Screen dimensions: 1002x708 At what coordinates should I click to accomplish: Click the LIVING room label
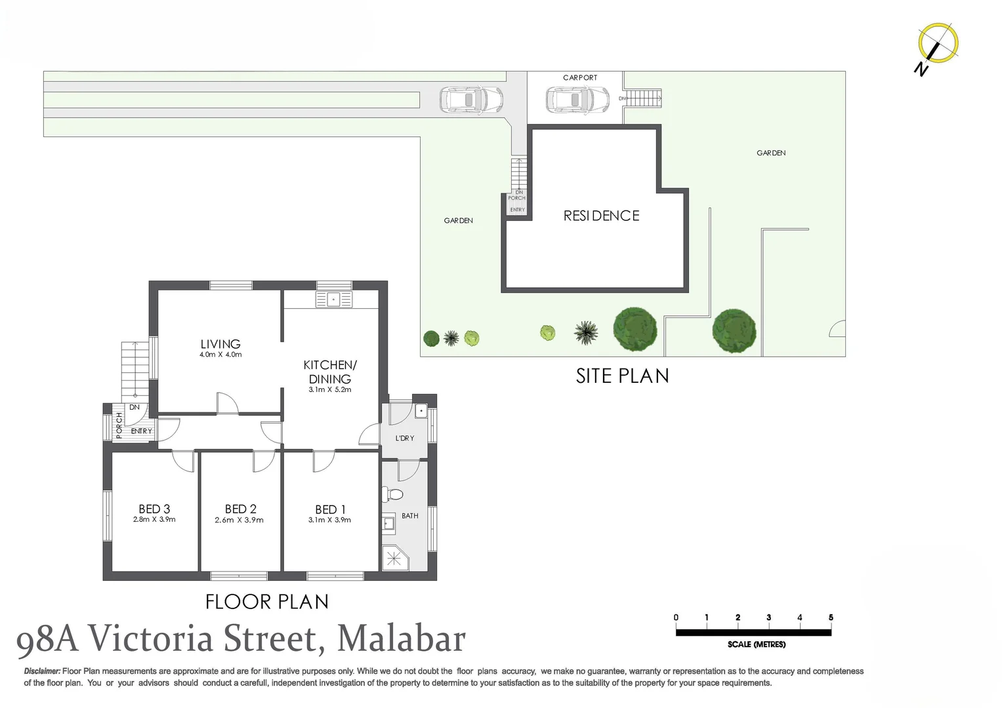(220, 344)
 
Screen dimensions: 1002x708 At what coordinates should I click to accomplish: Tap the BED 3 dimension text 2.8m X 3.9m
(154, 519)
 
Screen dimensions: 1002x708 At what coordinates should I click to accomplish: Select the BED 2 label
(241, 509)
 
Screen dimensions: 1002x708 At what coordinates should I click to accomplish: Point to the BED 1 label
(330, 509)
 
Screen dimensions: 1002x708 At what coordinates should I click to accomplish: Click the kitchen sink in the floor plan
(334, 299)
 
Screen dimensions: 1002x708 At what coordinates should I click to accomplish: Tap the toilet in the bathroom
(392, 494)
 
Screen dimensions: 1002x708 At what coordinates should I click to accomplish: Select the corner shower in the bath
(394, 558)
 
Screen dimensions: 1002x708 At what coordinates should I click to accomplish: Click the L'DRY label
(405, 438)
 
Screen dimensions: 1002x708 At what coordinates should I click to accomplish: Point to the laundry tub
(421, 411)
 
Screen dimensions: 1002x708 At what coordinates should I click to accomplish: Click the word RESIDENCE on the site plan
(601, 216)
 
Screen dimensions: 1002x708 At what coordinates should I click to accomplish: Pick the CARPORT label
(580, 78)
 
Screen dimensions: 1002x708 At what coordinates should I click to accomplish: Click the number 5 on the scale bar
(831, 618)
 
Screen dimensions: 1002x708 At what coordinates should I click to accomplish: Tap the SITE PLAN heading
(622, 376)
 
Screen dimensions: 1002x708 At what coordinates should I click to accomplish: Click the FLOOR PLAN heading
(267, 602)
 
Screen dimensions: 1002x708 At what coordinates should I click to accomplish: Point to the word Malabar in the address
(401, 639)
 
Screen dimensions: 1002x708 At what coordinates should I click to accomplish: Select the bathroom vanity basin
(388, 523)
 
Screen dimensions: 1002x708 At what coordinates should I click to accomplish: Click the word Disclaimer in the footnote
(42, 671)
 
